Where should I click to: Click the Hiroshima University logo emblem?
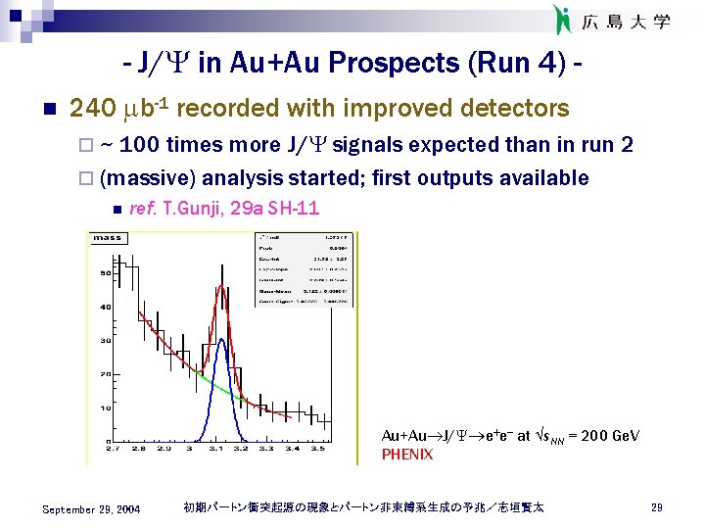(x=561, y=19)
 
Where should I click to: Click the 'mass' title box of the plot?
(x=108, y=237)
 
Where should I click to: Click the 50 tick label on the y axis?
(x=103, y=273)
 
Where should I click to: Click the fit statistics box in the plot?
(x=305, y=269)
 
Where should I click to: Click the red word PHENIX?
(x=406, y=455)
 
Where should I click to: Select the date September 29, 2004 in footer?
(x=91, y=508)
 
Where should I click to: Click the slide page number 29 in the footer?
(x=657, y=507)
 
